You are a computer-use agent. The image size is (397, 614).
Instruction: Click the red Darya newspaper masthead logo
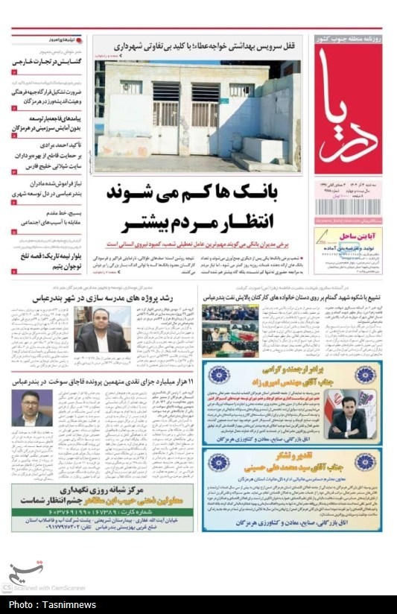coord(346,110)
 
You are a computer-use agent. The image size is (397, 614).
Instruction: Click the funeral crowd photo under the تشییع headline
coord(230,329)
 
